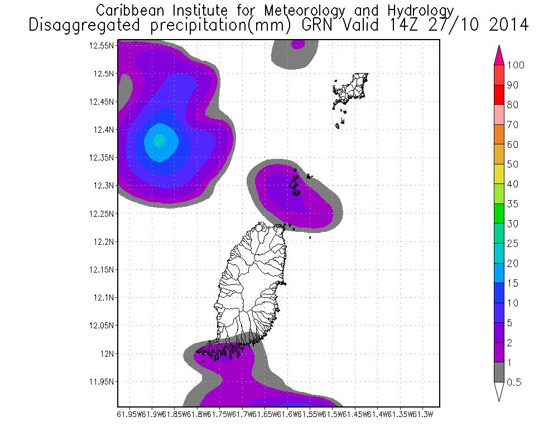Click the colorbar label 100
[516, 65]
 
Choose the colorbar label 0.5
[514, 382]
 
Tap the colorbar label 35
[513, 204]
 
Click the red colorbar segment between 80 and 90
[499, 95]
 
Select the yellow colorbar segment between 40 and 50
[499, 174]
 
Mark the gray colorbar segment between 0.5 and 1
[499, 372]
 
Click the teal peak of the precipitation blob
[159, 140]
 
